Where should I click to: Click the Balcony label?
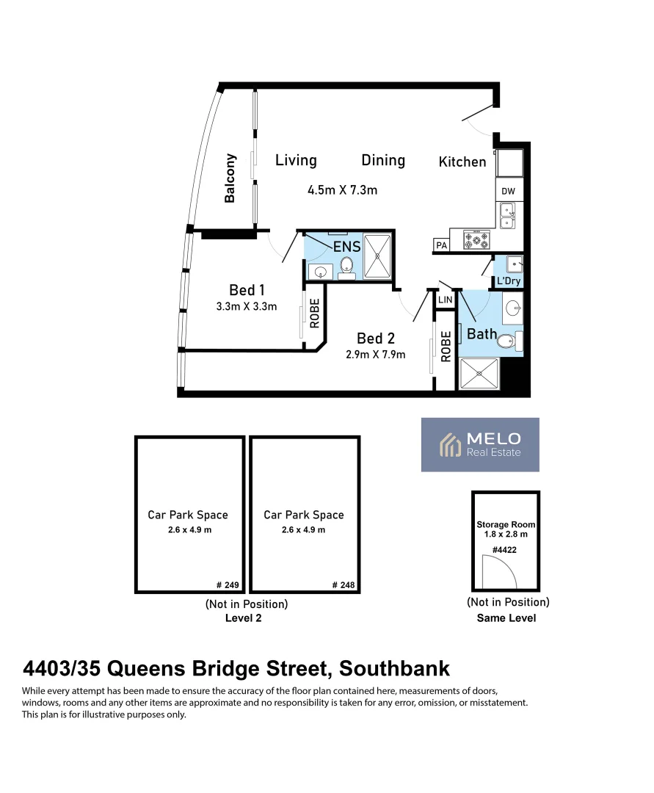click(x=230, y=178)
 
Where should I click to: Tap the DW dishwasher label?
click(x=509, y=192)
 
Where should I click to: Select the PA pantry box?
click(x=441, y=245)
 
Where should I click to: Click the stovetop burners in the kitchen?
click(x=477, y=239)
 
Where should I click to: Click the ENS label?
click(x=346, y=247)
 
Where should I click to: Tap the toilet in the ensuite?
click(x=347, y=268)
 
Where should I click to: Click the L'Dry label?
click(x=508, y=281)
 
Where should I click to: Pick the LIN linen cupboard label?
click(x=445, y=300)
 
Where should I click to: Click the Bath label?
click(x=482, y=334)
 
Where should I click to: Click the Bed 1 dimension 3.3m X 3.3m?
click(x=247, y=307)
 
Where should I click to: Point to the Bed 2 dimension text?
click(x=376, y=355)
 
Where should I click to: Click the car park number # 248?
click(x=343, y=585)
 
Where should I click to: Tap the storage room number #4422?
click(x=506, y=550)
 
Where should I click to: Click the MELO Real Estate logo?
click(x=480, y=444)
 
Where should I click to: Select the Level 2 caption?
click(x=243, y=618)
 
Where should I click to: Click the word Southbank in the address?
click(x=394, y=669)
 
